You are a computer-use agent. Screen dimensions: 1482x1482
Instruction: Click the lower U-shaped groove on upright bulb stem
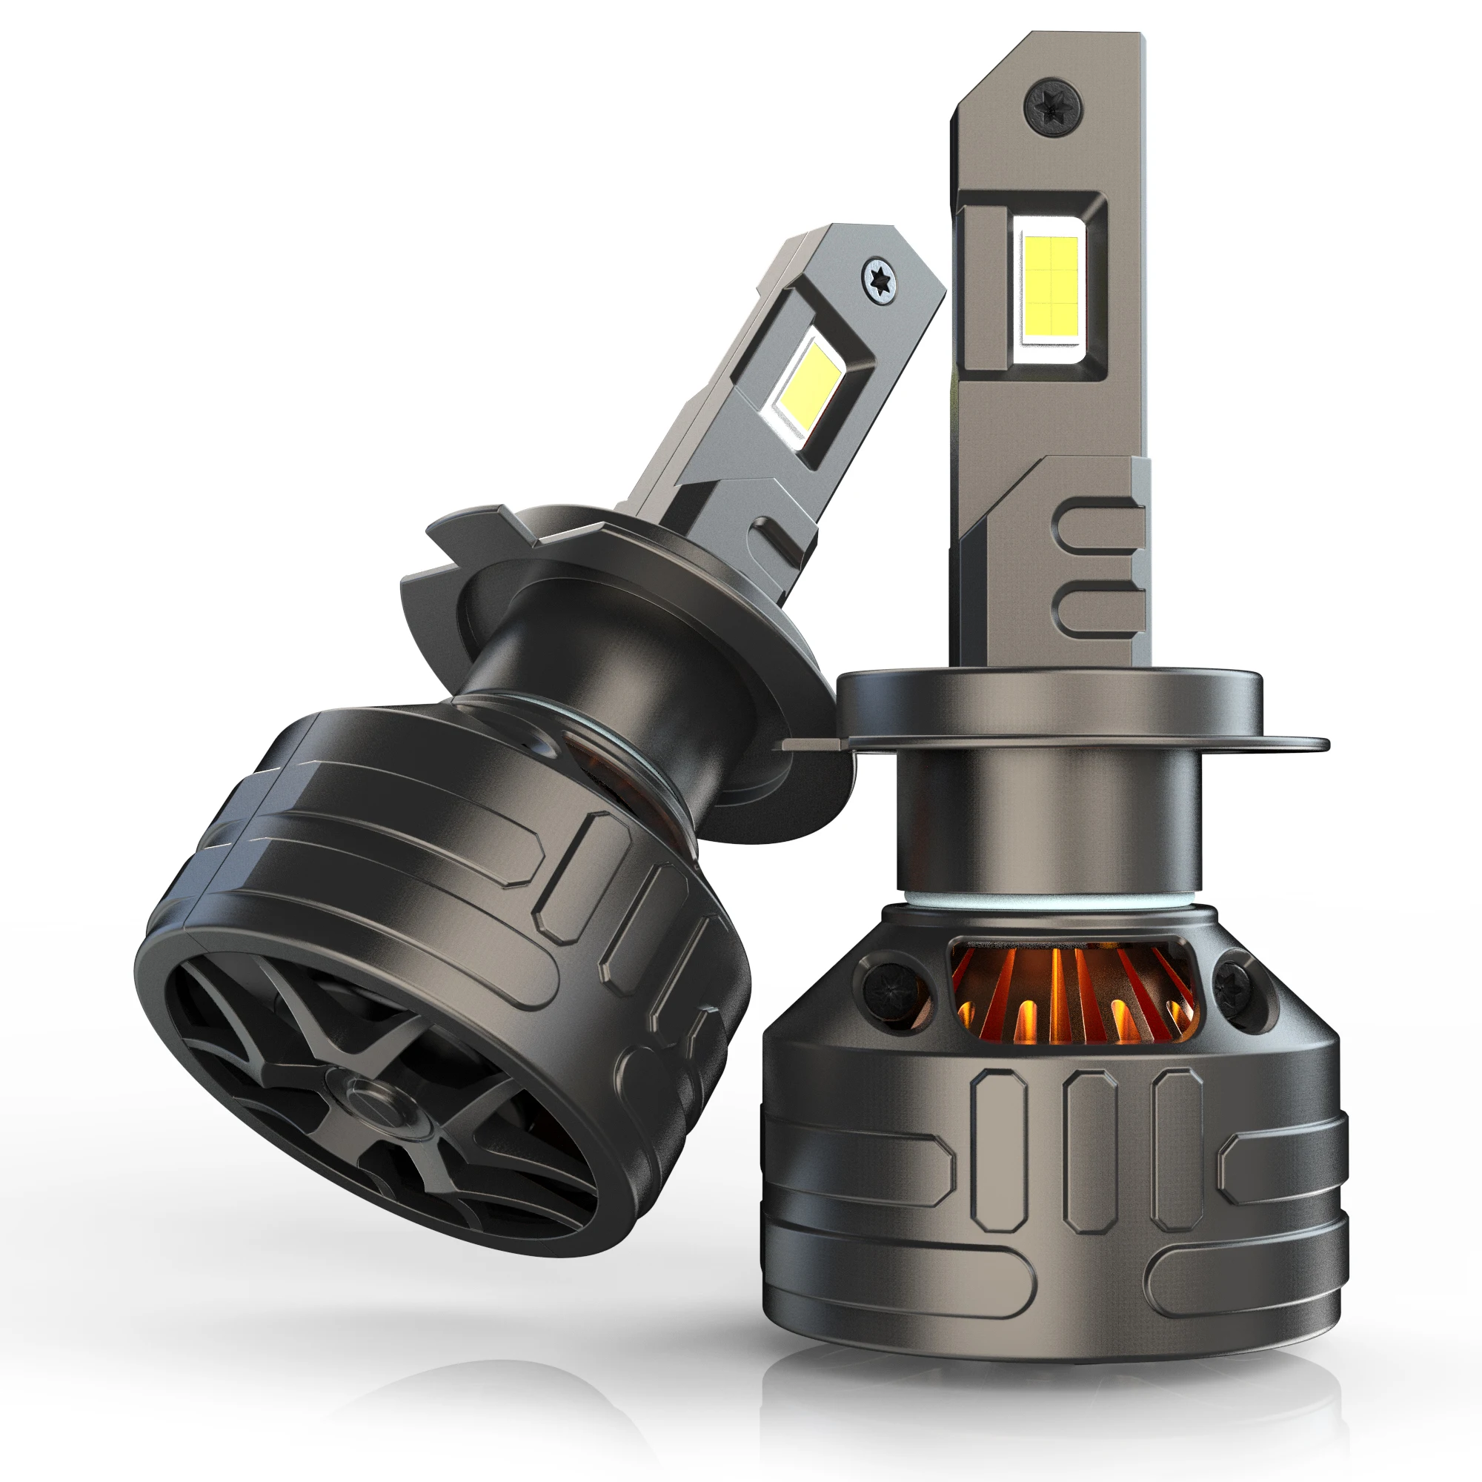click(x=1097, y=606)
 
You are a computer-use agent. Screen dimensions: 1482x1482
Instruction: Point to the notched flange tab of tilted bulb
click(x=468, y=529)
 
